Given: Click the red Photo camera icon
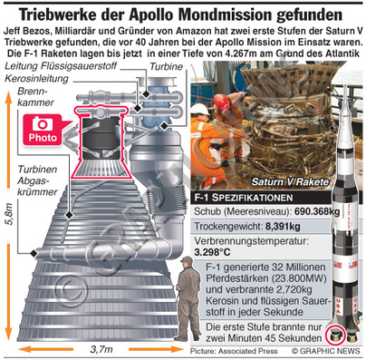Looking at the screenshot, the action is (43, 130).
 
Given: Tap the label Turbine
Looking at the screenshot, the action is (167, 67).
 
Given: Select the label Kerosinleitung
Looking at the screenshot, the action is (37, 79).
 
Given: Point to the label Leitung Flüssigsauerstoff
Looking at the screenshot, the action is (61, 66).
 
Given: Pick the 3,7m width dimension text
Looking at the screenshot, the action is (101, 349).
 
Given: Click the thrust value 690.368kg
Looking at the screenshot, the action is (317, 211).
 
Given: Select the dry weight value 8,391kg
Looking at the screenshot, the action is (283, 227).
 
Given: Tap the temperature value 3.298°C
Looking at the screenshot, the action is (212, 252).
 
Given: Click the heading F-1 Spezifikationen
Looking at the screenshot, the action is (244, 198).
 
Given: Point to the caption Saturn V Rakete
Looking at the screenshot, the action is (290, 181).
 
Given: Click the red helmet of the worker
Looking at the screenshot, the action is (221, 102).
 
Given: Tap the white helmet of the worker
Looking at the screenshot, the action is (199, 109).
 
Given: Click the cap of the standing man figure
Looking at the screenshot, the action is (187, 259).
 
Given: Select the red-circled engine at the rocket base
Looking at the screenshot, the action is (335, 335).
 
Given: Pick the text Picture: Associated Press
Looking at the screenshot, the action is (234, 351).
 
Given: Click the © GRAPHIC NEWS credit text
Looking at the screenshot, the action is (326, 351).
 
